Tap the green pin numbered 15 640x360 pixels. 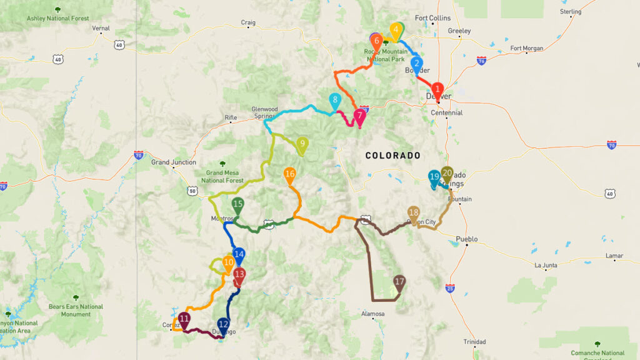pos(237,205)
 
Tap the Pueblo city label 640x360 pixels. pos(467,239)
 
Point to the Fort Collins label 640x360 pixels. pos(432,18)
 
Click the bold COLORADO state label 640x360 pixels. pos(392,155)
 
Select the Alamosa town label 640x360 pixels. pos(372,314)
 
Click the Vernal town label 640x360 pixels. pos(101,28)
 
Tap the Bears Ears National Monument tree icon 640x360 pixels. pos(76,297)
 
